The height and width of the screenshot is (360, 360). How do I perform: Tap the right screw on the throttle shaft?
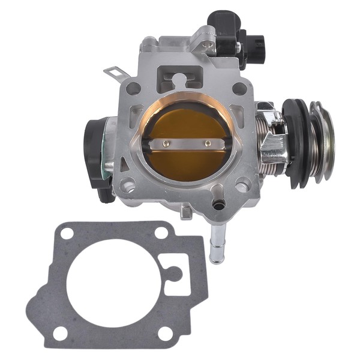click(208, 143)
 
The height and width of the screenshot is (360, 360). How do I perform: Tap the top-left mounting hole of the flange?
click(133, 88)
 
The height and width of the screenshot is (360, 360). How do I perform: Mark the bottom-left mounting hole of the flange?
click(128, 184)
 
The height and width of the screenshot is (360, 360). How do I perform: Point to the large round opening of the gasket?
click(114, 282)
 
